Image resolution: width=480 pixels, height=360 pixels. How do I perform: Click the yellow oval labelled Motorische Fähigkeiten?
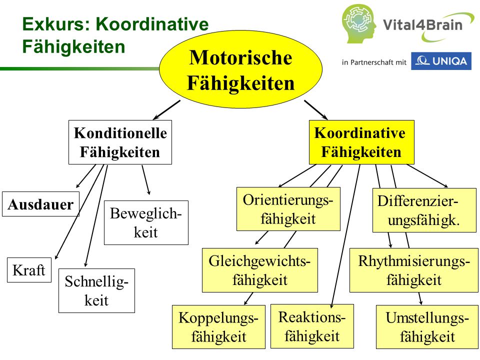[x=240, y=69]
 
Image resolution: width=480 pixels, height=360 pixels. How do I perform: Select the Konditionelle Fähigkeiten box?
[x=120, y=142]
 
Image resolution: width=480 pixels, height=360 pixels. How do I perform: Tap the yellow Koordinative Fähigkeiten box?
[x=361, y=142]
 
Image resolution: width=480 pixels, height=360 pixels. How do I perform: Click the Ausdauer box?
[x=40, y=204]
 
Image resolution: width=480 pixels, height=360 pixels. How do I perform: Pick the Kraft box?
[x=29, y=270]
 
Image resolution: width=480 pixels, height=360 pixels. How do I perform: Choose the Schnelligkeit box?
[x=96, y=290]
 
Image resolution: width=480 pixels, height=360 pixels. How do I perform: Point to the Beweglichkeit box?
[x=146, y=222]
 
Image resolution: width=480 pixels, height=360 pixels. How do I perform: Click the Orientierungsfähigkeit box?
[x=288, y=209]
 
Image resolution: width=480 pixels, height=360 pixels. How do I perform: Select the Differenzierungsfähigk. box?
[x=424, y=210]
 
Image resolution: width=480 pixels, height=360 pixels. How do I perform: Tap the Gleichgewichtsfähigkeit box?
[x=260, y=270]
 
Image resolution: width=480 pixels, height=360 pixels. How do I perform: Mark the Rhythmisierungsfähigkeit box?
[x=414, y=270]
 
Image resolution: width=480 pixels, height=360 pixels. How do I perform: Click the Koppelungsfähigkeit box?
[x=218, y=327]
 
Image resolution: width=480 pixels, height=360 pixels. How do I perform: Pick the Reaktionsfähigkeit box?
[x=312, y=326]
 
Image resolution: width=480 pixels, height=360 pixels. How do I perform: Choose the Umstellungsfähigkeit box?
[x=427, y=327]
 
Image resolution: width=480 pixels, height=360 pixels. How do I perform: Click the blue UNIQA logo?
[x=441, y=61]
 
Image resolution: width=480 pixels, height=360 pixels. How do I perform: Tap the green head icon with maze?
[x=359, y=24]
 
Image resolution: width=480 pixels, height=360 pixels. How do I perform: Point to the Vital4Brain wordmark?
[x=422, y=25]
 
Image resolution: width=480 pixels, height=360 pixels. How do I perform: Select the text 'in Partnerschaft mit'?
[x=374, y=62]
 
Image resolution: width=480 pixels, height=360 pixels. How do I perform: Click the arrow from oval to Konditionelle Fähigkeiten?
[x=166, y=110]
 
